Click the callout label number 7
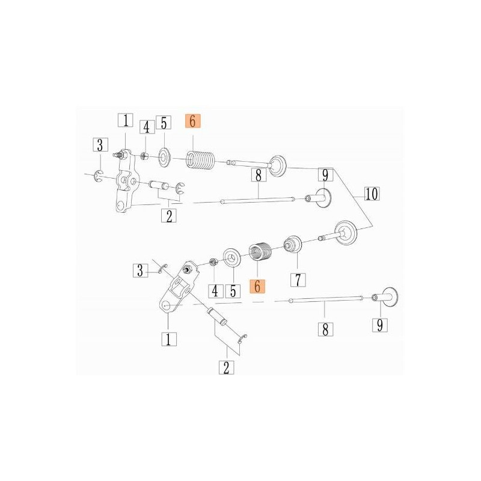click(x=298, y=280)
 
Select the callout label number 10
click(x=372, y=194)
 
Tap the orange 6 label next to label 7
click(x=257, y=286)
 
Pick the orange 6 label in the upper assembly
click(x=192, y=121)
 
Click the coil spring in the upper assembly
click(x=201, y=160)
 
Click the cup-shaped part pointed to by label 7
click(x=293, y=245)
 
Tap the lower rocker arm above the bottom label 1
click(x=179, y=287)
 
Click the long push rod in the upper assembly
click(x=258, y=200)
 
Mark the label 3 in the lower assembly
click(x=140, y=271)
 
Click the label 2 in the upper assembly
click(x=169, y=216)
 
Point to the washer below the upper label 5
click(x=164, y=158)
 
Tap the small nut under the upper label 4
click(x=144, y=156)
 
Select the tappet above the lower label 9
click(x=385, y=297)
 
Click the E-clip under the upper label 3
click(x=99, y=176)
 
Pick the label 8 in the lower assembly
click(x=325, y=329)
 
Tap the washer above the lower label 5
click(x=232, y=258)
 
